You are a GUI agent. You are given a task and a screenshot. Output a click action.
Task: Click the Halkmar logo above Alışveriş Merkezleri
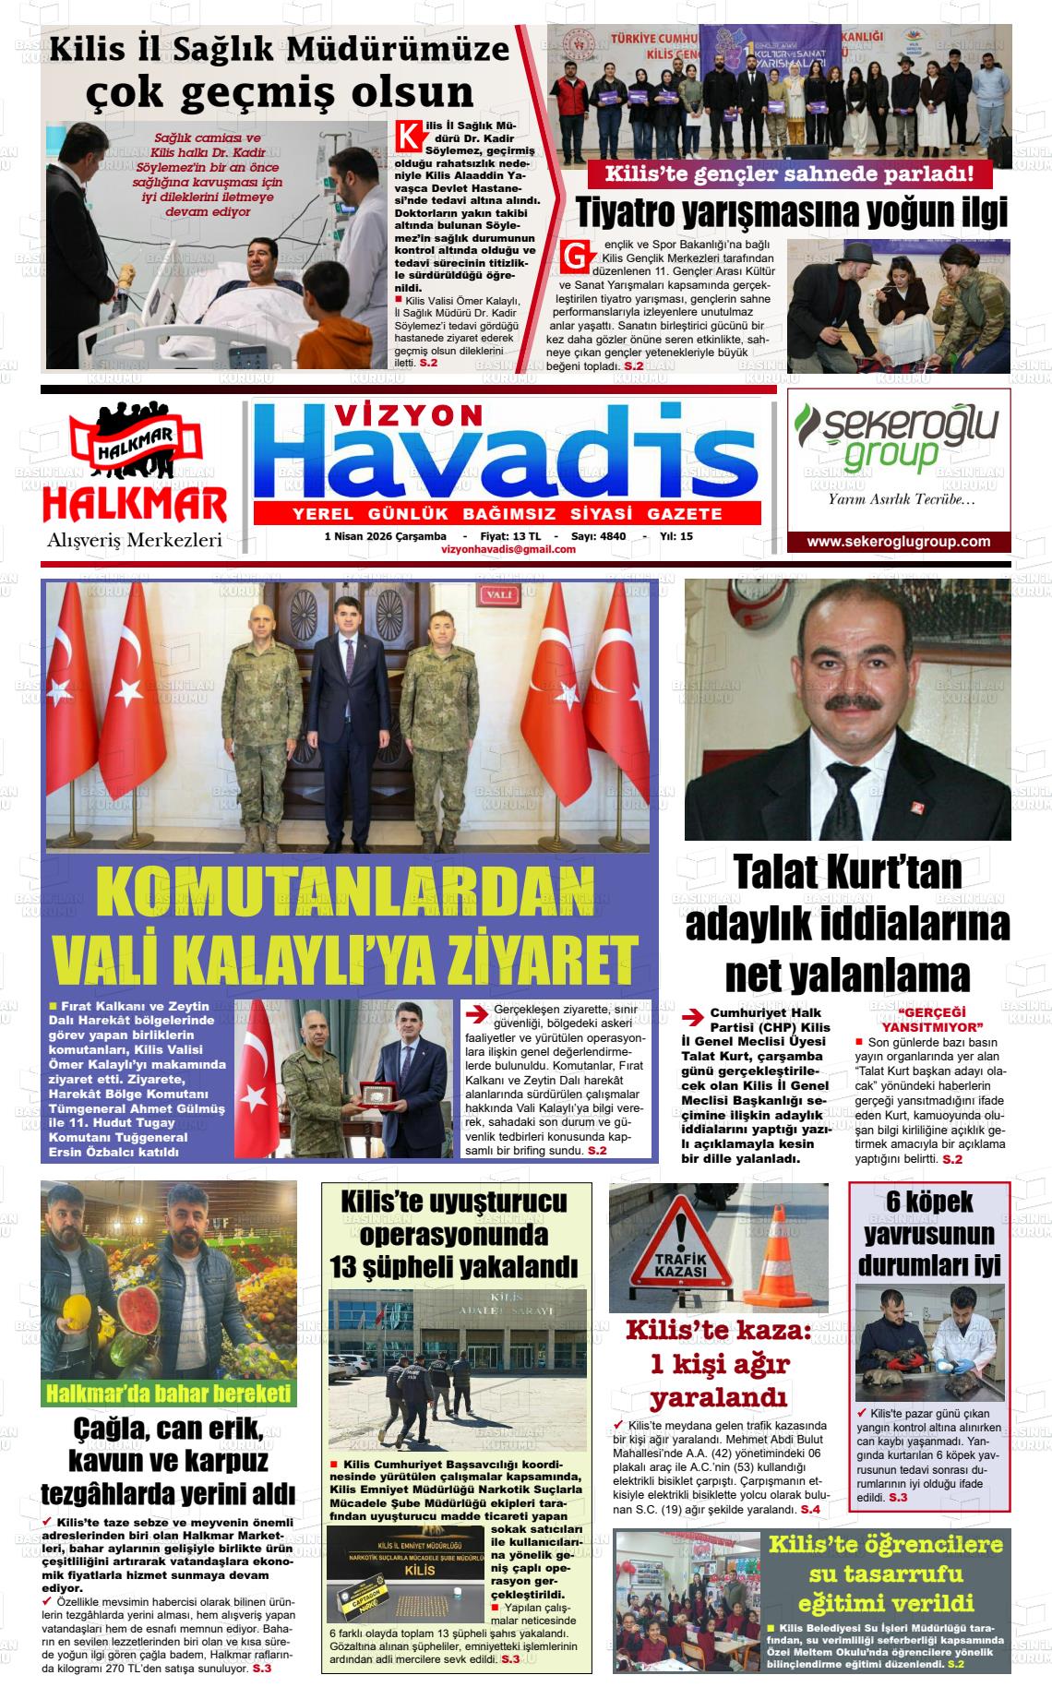(x=135, y=471)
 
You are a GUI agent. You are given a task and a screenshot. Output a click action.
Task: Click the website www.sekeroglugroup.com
(x=898, y=542)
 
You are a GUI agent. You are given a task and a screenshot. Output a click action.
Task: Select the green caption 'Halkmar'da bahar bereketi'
(x=169, y=1393)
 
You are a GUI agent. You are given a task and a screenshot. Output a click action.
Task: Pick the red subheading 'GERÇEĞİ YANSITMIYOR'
(x=932, y=1019)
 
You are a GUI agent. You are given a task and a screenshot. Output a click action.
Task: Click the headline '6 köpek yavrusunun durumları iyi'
(x=928, y=1233)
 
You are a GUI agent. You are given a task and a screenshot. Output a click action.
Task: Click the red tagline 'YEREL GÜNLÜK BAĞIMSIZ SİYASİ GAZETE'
(x=507, y=514)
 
